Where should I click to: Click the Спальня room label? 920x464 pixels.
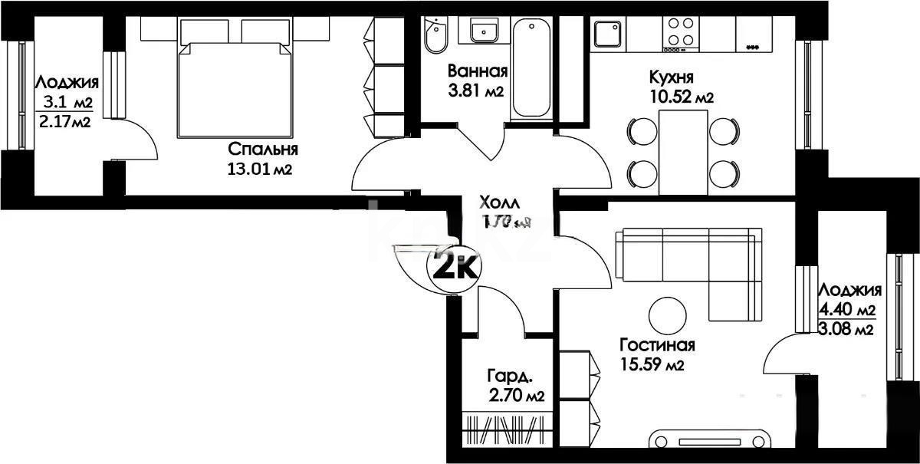(x=262, y=149)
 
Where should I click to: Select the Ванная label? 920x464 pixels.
(x=478, y=72)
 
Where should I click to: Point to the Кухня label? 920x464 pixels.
(x=672, y=77)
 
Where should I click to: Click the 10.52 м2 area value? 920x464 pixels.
(x=681, y=97)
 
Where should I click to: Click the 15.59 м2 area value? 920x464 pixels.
(x=652, y=365)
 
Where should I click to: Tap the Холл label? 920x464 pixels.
(x=499, y=203)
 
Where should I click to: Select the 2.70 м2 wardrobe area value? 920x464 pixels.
(x=516, y=396)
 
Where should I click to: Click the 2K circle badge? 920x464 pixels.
(x=455, y=268)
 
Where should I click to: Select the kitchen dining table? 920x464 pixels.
(x=683, y=151)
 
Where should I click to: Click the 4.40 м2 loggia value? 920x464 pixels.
(x=847, y=311)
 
